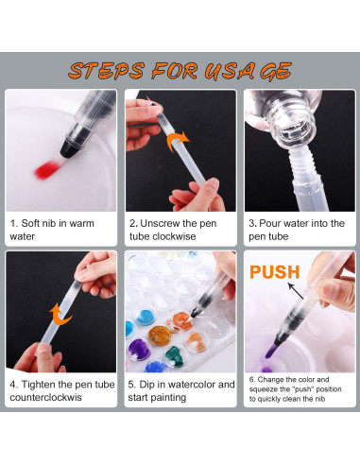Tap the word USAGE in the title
point(248,71)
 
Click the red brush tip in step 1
point(47,169)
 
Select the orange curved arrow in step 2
point(178,142)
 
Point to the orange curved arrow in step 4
point(60,315)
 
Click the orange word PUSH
point(274,272)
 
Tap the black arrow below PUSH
point(296,291)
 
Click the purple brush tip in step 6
point(271,351)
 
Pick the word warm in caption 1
point(81,223)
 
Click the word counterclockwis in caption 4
point(45,397)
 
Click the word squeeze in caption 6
point(264,389)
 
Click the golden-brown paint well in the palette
point(160,336)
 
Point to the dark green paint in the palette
point(175,356)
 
